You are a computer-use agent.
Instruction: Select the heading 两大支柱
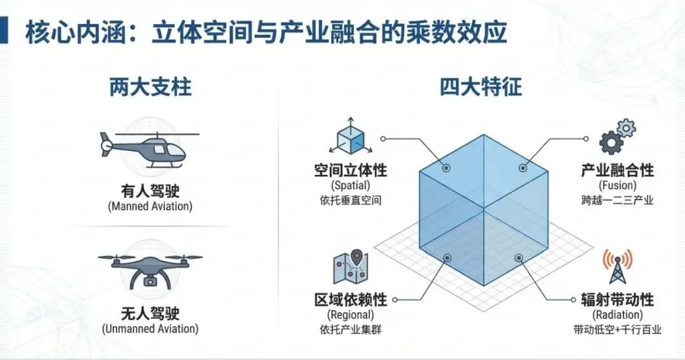pyautogui.click(x=150, y=87)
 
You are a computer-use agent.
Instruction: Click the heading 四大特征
pyautogui.click(x=481, y=87)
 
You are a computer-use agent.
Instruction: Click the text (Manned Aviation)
pyautogui.click(x=150, y=206)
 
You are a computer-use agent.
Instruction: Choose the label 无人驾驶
pyautogui.click(x=150, y=313)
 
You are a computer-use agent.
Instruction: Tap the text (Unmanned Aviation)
pyautogui.click(x=150, y=329)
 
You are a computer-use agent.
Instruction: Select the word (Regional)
pyautogui.click(x=350, y=314)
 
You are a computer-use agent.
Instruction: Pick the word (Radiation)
pyautogui.click(x=616, y=314)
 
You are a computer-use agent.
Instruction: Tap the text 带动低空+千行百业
pyautogui.click(x=616, y=330)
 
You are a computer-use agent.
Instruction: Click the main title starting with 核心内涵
pyautogui.click(x=266, y=33)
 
